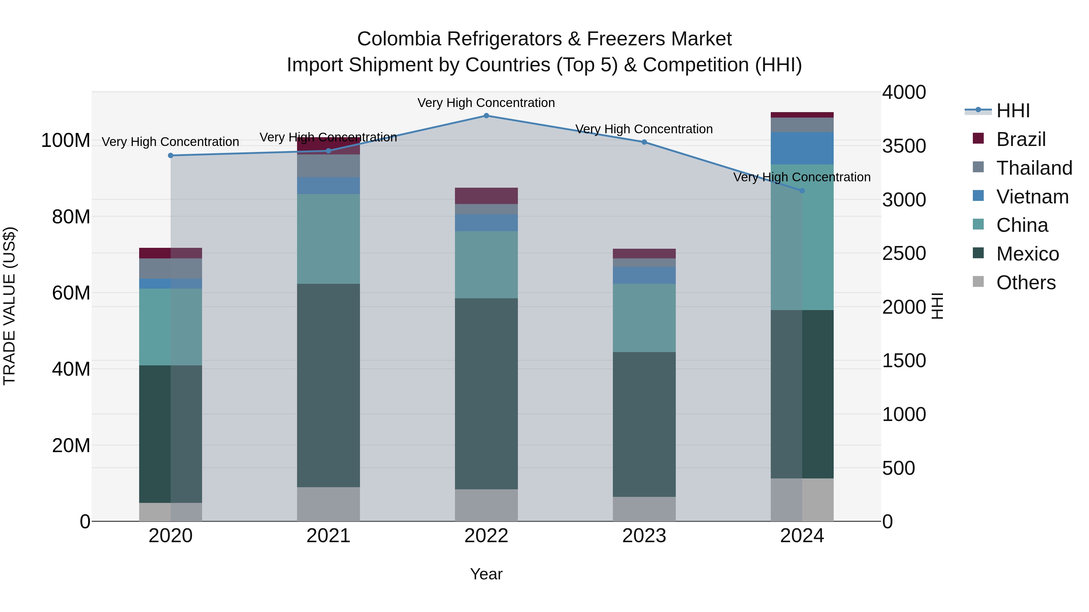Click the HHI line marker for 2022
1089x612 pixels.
pyautogui.click(x=486, y=115)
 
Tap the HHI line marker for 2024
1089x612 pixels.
pyautogui.click(x=802, y=190)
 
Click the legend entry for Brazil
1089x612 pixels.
pyautogui.click(x=1021, y=139)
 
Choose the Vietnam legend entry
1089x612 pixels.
pyautogui.click(x=1032, y=196)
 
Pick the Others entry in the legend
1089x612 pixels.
pyautogui.click(x=1025, y=282)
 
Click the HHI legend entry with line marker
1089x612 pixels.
pyautogui.click(x=1012, y=111)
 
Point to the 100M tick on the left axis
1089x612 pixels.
pyautogui.click(x=66, y=140)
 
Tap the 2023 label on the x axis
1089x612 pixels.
pyautogui.click(x=644, y=536)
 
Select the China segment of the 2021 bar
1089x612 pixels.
pyautogui.click(x=329, y=239)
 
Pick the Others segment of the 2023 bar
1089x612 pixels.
pyautogui.click(x=644, y=509)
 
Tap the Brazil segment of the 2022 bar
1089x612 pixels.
pyautogui.click(x=486, y=196)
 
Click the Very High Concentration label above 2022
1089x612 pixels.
pyautogui.click(x=486, y=103)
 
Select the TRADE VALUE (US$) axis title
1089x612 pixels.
pyautogui.click(x=9, y=306)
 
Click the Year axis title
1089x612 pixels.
pyautogui.click(x=486, y=574)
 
